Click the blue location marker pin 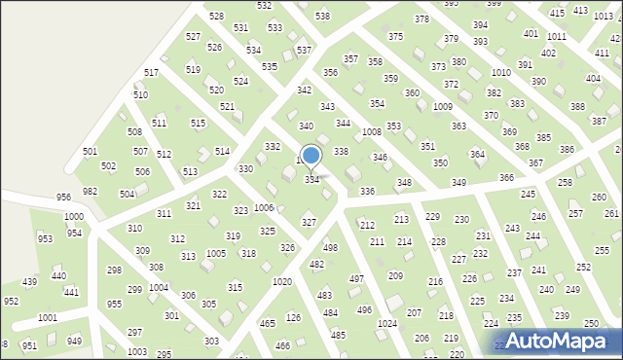[x=311, y=157]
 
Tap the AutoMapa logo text [x=565, y=341]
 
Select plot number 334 [x=312, y=180]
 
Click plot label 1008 [x=371, y=131]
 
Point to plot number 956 [x=63, y=197]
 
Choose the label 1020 [x=282, y=281]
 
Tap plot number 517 [x=151, y=73]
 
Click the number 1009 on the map [x=443, y=106]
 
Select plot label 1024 [x=387, y=323]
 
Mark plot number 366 [x=506, y=177]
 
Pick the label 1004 [x=158, y=288]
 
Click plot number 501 [x=90, y=152]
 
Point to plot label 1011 [x=556, y=36]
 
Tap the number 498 [x=330, y=248]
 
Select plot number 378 [x=421, y=19]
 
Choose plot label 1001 [x=47, y=317]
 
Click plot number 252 [x=584, y=266]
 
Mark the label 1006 [x=264, y=207]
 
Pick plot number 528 [x=216, y=17]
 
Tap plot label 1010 [x=501, y=73]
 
